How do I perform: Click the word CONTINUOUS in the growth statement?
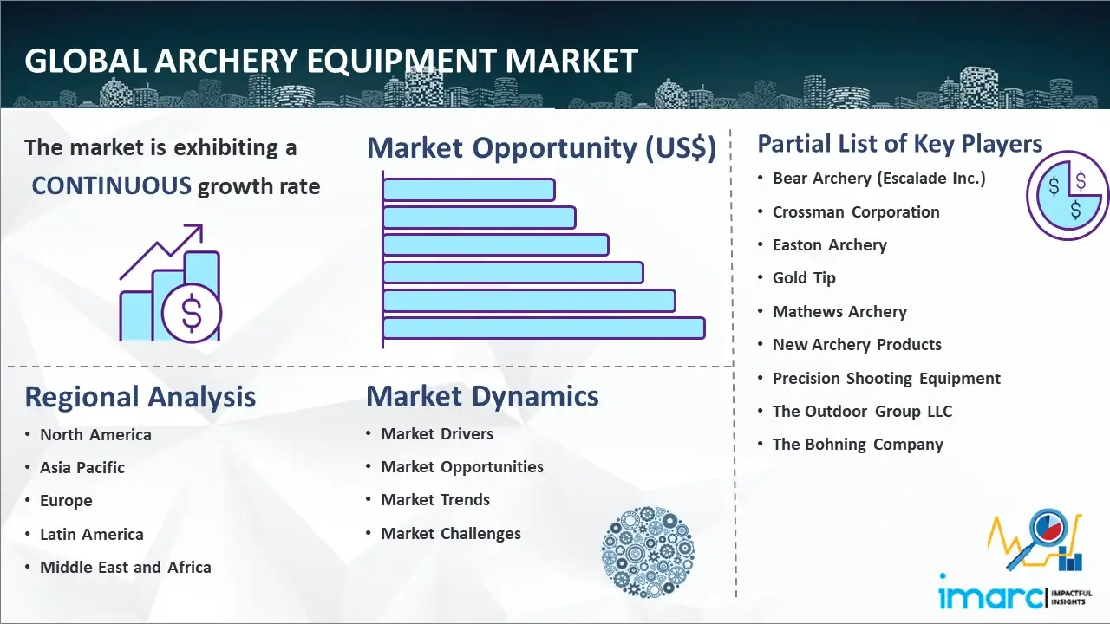click(x=112, y=185)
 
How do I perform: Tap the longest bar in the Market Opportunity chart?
click(x=544, y=328)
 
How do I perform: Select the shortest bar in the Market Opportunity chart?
click(x=469, y=190)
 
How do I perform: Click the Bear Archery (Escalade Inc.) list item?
click(x=879, y=179)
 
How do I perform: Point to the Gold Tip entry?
click(x=804, y=278)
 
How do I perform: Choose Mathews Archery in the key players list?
click(x=839, y=311)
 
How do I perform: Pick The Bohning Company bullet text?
click(x=858, y=445)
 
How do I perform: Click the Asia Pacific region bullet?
click(x=82, y=467)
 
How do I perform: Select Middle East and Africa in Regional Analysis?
click(x=126, y=567)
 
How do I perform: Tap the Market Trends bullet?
click(x=435, y=500)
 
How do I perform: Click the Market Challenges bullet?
click(x=451, y=533)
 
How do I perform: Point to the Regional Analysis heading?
click(x=140, y=397)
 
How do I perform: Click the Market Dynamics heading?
click(x=482, y=396)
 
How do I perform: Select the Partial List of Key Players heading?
click(x=900, y=144)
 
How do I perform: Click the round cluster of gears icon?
click(x=648, y=552)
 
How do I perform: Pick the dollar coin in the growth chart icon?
click(x=192, y=314)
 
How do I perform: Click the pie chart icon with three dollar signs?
click(x=1068, y=195)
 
